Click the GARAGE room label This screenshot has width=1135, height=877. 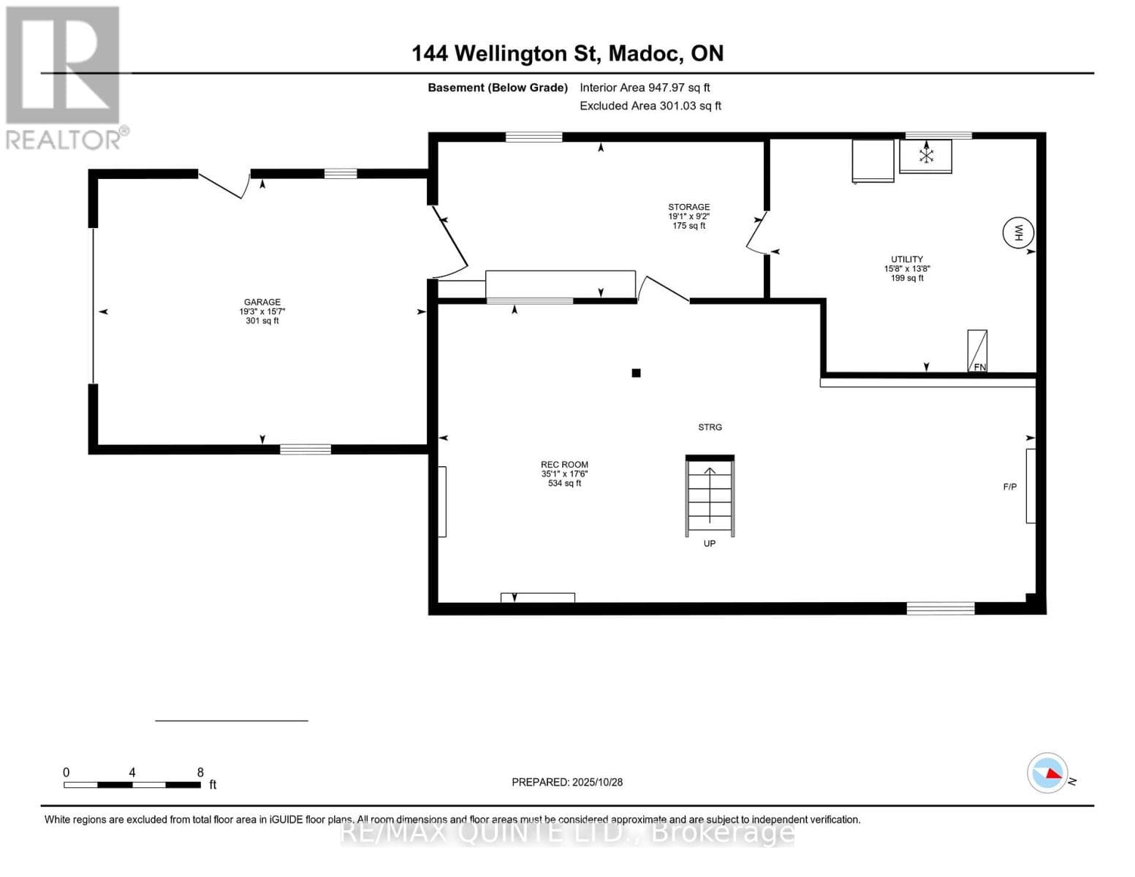[262, 303]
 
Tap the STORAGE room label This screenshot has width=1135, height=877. [688, 208]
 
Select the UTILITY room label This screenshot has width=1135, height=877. [906, 259]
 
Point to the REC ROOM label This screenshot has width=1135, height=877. [564, 465]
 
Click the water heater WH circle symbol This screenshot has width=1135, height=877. [1018, 233]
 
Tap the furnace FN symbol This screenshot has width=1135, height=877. [977, 351]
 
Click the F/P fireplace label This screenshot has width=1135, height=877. [1009, 487]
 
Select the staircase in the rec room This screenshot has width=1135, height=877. [710, 496]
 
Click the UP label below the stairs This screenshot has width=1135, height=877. [709, 544]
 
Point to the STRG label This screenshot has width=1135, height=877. [710, 427]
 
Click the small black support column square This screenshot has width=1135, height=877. [636, 373]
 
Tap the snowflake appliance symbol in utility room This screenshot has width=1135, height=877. [926, 156]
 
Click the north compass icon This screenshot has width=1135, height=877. [1048, 772]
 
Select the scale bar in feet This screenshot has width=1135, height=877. [132, 785]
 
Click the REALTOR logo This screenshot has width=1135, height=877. [64, 77]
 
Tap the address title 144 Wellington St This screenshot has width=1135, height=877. [567, 53]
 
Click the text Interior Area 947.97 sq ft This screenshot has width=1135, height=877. [645, 88]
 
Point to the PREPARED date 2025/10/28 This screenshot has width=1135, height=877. [567, 782]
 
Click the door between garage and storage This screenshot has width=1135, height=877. [449, 241]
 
